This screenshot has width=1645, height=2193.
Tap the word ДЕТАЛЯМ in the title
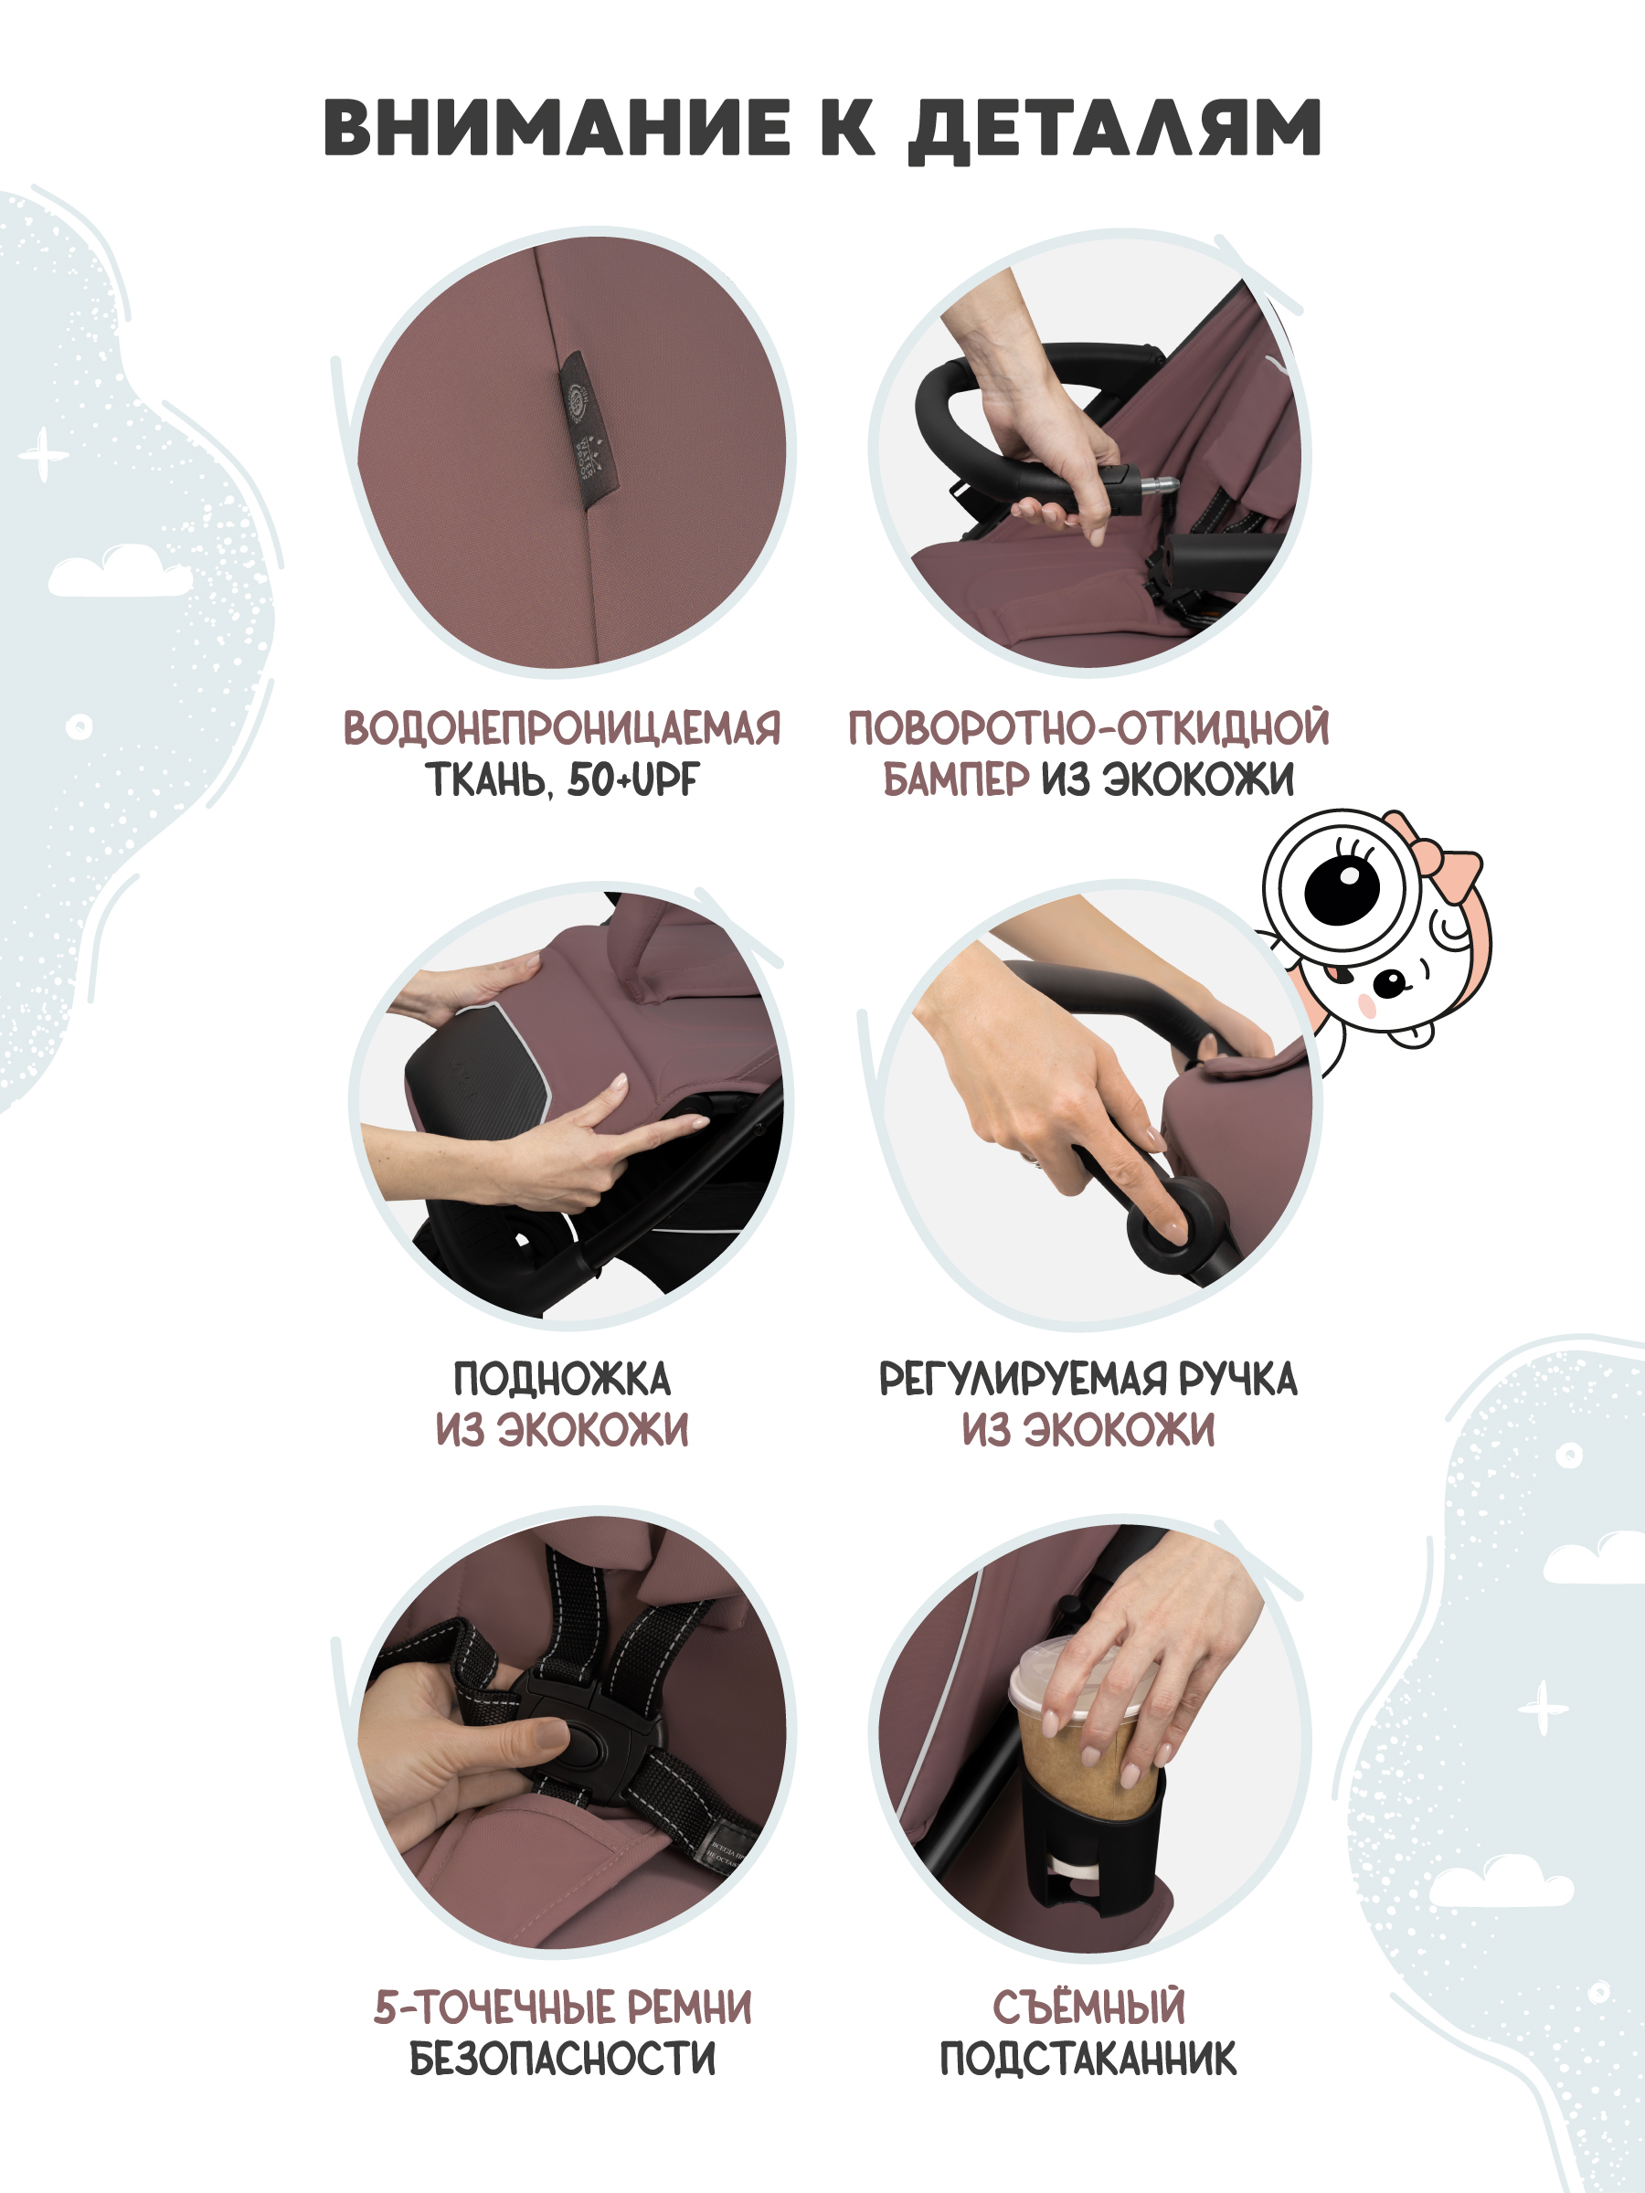coord(1115,129)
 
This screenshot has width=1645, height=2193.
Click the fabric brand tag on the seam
coord(588,429)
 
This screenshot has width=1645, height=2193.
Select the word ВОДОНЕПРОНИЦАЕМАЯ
coord(562,727)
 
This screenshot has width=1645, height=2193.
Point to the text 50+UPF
coord(632,780)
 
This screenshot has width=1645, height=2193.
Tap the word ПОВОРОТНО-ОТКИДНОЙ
coord(1088,727)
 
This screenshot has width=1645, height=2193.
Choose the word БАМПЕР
coord(956,780)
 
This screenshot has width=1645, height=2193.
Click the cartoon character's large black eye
coord(1342,885)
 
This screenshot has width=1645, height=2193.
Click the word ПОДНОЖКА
coord(562,1380)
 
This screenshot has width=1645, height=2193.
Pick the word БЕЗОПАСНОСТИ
coord(562,2061)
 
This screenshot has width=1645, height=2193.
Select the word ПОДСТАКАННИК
coord(1088,2061)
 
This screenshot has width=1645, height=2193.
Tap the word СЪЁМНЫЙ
coord(1088,2008)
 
